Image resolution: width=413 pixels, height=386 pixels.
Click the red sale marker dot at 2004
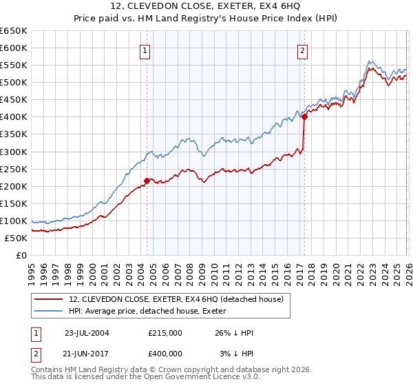(x=147, y=181)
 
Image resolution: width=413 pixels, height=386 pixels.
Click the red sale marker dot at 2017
(x=304, y=116)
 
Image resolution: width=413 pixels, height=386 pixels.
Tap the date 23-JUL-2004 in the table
(x=87, y=333)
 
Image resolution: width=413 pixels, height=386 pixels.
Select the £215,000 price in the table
(x=165, y=333)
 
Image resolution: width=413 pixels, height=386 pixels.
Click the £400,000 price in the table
(x=165, y=353)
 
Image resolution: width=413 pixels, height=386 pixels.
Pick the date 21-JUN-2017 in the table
(x=87, y=353)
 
